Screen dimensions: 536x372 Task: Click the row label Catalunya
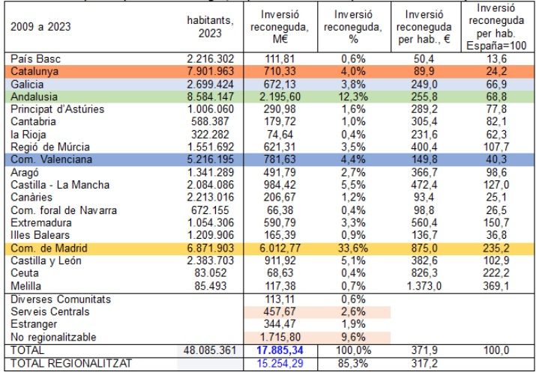point(34,71)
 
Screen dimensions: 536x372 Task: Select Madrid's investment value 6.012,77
point(280,248)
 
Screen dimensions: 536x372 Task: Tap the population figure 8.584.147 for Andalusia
point(210,97)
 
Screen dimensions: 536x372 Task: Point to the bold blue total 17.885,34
point(280,350)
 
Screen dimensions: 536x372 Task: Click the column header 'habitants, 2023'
point(210,27)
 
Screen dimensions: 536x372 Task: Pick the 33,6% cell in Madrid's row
point(353,248)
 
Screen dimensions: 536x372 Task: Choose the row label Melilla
point(26,285)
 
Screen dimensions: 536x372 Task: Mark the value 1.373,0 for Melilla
point(424,285)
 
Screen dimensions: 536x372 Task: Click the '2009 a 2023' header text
point(40,27)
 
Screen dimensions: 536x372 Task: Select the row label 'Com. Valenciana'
point(52,159)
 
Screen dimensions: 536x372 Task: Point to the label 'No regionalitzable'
point(53,338)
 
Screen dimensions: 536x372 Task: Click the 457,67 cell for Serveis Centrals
point(280,311)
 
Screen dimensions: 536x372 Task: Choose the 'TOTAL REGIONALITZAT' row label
point(70,363)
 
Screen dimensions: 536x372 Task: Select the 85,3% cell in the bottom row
point(353,363)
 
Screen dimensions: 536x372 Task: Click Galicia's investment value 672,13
point(280,84)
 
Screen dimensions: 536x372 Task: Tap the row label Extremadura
point(41,223)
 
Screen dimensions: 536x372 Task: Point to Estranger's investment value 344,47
point(280,324)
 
